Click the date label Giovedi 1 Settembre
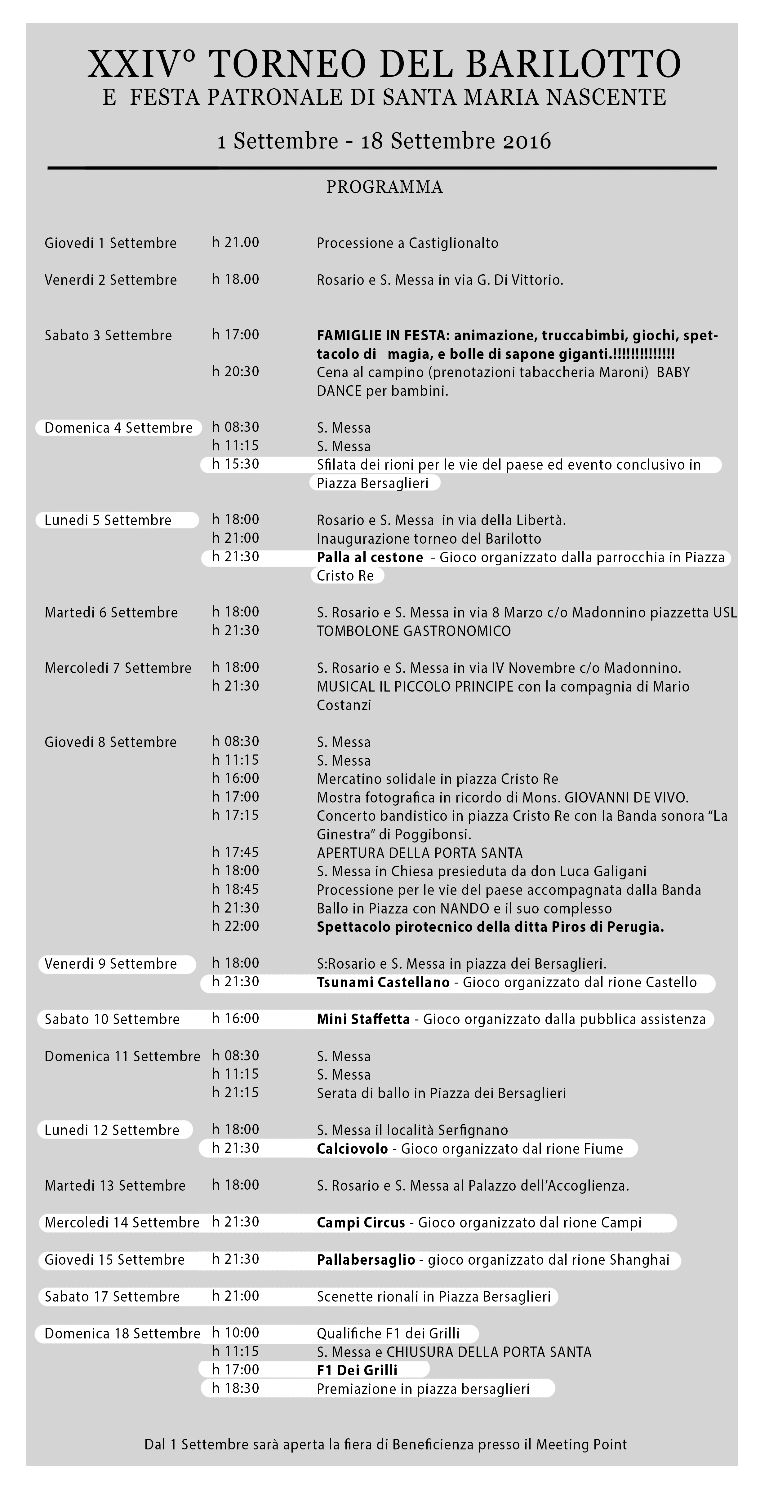(x=110, y=243)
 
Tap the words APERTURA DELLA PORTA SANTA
(x=420, y=853)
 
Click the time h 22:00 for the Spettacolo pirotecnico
(x=235, y=927)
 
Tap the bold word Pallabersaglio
(x=366, y=1259)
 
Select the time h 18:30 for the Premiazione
(x=235, y=1388)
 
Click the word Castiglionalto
(x=453, y=243)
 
